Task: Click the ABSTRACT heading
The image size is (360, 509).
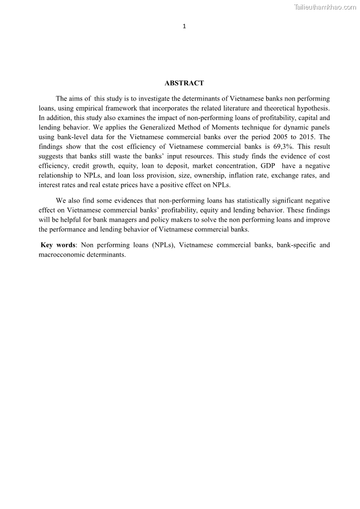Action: click(x=184, y=83)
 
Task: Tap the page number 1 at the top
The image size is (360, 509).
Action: click(x=184, y=26)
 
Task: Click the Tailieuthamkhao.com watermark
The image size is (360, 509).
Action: click(x=325, y=7)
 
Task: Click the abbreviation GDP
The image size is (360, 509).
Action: click(x=268, y=166)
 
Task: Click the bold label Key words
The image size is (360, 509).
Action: click(x=58, y=245)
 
